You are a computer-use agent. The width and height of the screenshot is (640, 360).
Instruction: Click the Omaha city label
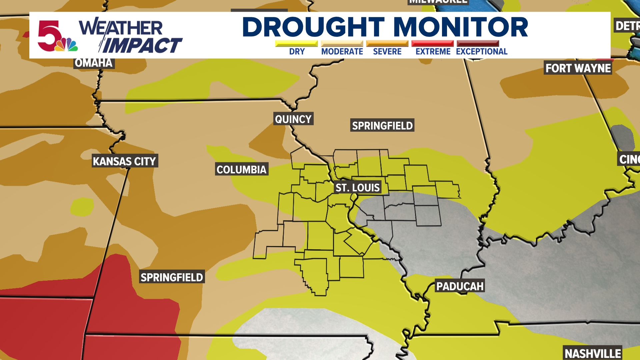point(94,63)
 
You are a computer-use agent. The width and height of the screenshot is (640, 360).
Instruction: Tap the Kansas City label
point(124,161)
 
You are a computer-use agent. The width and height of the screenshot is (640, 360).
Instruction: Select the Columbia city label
point(241,170)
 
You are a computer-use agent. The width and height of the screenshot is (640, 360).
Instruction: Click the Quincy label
point(293,119)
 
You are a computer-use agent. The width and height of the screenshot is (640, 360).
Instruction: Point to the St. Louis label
point(357,188)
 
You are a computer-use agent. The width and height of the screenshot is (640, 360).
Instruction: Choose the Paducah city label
point(460,286)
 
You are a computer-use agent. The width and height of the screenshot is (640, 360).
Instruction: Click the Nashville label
point(593,353)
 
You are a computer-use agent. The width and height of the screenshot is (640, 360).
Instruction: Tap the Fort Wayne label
point(578,68)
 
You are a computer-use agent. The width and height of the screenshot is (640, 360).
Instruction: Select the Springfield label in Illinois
point(382,126)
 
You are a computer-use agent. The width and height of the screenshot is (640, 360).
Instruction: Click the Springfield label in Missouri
point(172,277)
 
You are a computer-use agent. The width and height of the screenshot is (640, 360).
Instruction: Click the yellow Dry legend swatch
point(296,44)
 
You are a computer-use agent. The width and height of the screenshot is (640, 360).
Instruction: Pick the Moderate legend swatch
point(342,44)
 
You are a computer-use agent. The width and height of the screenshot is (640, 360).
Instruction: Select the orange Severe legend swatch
point(387,44)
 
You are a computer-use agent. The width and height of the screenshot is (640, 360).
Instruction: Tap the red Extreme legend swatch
point(433,44)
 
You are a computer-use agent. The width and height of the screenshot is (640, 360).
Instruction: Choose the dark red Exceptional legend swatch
point(478,44)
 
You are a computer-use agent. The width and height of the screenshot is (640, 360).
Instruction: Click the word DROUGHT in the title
point(313,27)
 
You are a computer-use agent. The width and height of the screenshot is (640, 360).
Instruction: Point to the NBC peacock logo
point(67,45)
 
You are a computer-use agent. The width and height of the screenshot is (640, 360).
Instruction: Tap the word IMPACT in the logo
point(142,46)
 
